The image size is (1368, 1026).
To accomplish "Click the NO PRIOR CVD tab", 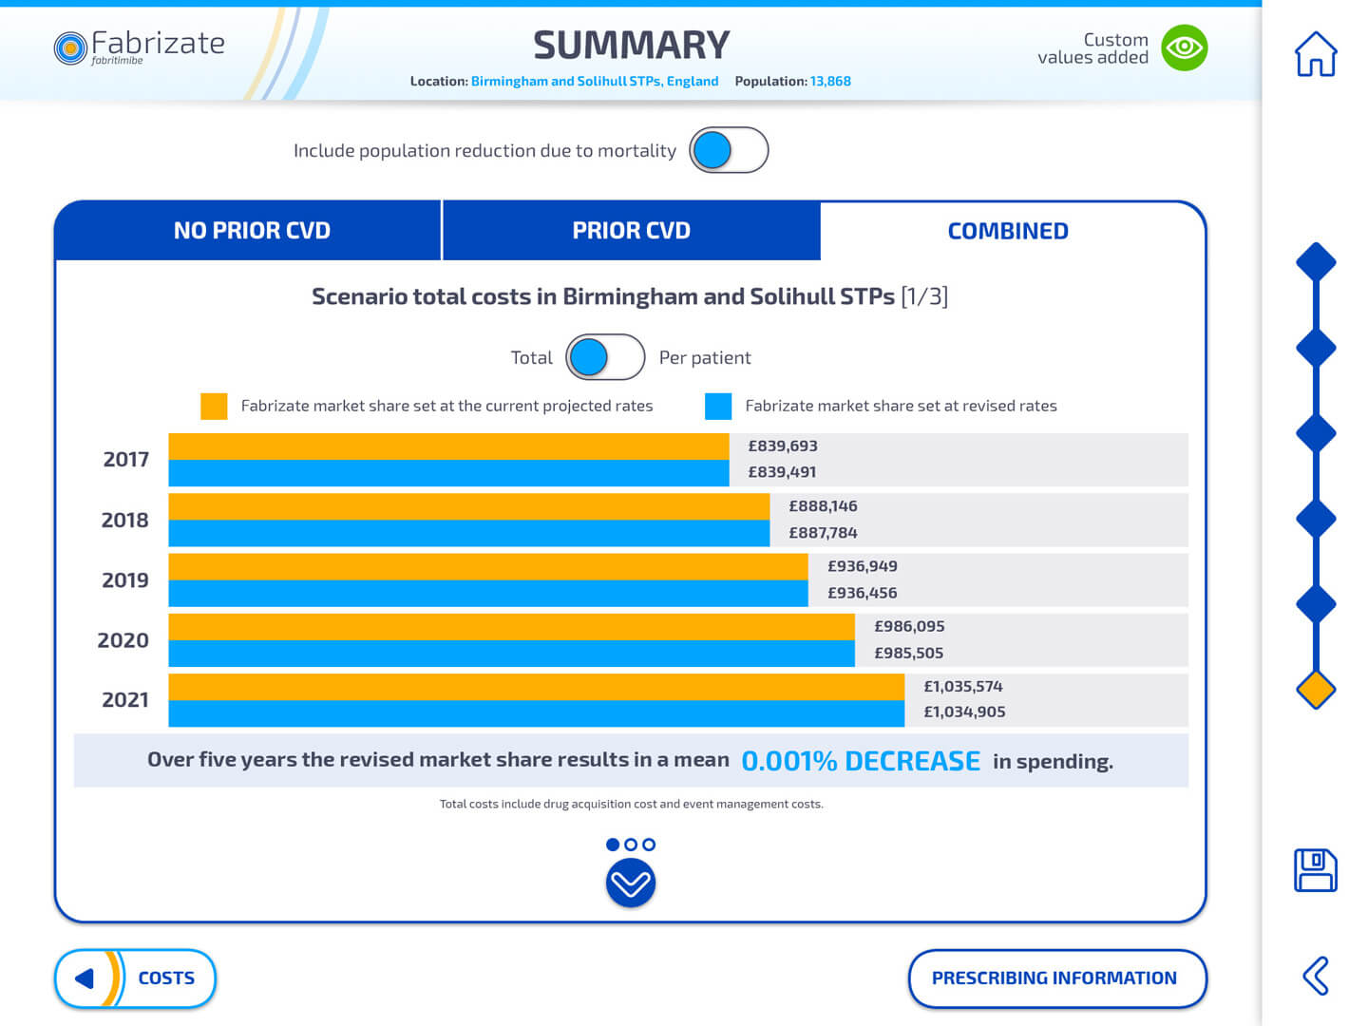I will tap(251, 231).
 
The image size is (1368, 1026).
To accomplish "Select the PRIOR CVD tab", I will tap(631, 231).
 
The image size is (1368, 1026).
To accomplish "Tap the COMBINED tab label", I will tap(1008, 231).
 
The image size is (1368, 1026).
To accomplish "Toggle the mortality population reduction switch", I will tap(728, 150).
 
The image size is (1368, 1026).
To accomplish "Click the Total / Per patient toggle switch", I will tap(605, 357).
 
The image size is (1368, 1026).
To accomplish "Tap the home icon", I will tap(1316, 54).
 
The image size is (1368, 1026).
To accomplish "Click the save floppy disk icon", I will tap(1316, 869).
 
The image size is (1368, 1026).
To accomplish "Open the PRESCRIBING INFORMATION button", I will tap(1056, 978).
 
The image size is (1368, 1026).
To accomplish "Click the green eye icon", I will tap(1185, 47).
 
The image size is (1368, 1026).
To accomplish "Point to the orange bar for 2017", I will tap(448, 446).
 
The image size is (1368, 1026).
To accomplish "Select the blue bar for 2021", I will tap(536, 713).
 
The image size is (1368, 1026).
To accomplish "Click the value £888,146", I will tap(823, 506).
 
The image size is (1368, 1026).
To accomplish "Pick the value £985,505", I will tap(908, 653).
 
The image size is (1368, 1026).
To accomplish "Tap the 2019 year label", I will tap(125, 580).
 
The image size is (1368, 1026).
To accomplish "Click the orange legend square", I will tap(214, 406).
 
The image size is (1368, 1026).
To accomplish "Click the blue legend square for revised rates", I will tap(718, 406).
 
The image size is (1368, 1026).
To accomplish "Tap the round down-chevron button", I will tap(631, 883).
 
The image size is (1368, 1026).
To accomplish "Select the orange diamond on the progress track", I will tap(1316, 690).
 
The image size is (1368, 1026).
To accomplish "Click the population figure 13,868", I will tap(830, 82).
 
